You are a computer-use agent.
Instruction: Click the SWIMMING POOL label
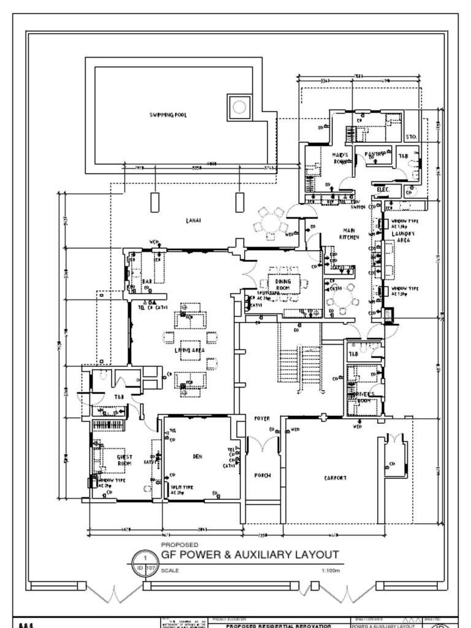coord(168,115)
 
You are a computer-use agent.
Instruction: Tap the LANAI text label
coord(194,219)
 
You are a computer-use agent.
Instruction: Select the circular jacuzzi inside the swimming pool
coord(239,107)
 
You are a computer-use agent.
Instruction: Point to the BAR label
coord(147,281)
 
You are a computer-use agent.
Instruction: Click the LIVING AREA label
coord(190,350)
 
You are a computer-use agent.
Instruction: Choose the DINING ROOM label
coord(283,284)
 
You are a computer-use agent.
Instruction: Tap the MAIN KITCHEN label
coord(350,234)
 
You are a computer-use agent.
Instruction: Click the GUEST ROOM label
coord(124,460)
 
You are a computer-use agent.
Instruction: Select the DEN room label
coord(197,456)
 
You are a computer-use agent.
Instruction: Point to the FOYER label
coord(262,418)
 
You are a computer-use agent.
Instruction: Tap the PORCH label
coord(262,475)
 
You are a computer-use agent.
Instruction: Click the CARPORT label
coord(335,477)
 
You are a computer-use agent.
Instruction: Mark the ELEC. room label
coord(383,190)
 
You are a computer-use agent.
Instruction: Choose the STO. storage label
coord(411,137)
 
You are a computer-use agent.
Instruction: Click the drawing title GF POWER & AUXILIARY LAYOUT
coord(250,554)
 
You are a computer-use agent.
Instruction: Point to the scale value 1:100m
coord(330,570)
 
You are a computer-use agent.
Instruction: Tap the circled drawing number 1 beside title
coord(145,558)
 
